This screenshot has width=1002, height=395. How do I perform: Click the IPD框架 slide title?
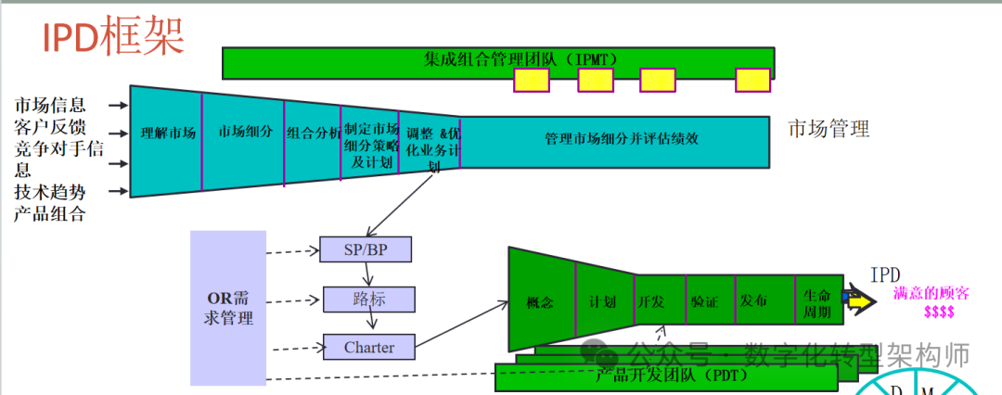(113, 37)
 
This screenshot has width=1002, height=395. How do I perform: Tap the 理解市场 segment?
(168, 133)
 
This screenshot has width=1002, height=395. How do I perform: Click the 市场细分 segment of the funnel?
(245, 132)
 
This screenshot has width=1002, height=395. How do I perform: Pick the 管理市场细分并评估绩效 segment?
(621, 139)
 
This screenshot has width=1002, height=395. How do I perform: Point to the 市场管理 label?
(829, 129)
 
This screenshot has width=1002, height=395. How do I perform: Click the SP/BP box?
(365, 249)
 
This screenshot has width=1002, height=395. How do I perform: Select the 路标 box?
(368, 299)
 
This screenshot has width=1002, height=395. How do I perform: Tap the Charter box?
(368, 348)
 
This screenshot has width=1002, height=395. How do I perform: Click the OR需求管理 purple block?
(228, 308)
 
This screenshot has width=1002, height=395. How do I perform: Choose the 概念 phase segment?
(540, 302)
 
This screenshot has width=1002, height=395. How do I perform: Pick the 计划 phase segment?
(603, 302)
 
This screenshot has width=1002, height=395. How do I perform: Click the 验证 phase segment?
(704, 302)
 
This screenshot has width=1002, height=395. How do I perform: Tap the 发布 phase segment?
(753, 302)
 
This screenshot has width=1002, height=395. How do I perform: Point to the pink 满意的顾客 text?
(931, 294)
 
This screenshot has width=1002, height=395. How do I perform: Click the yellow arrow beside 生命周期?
(859, 302)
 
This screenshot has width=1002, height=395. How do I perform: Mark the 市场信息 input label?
(50, 106)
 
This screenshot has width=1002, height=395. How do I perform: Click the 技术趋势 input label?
(50, 193)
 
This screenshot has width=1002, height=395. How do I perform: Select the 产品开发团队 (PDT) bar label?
(671, 376)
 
